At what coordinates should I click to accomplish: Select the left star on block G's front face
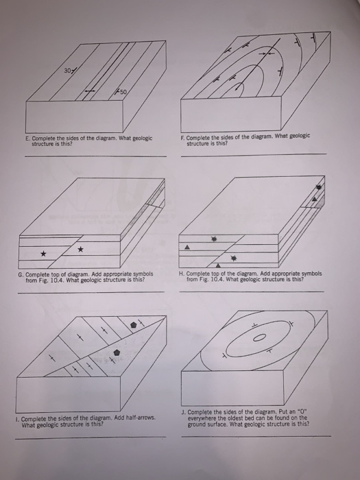pos(44,254)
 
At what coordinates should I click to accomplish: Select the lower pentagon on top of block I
pos(117,351)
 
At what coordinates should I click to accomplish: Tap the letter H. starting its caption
pos(180,274)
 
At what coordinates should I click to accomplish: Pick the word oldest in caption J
pos(233,418)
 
